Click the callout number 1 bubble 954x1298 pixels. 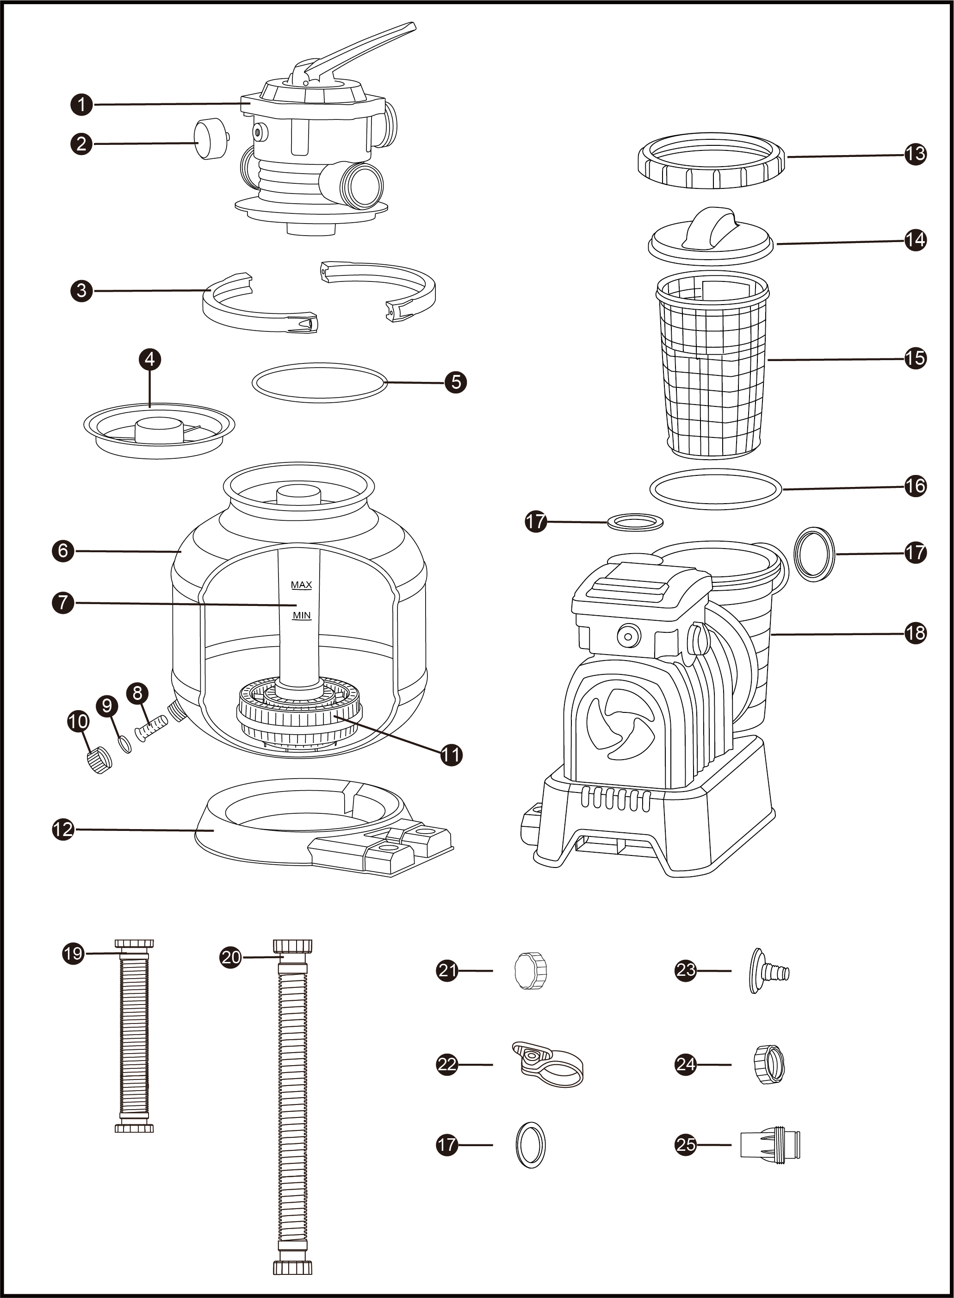point(82,105)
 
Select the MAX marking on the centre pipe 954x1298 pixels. point(301,585)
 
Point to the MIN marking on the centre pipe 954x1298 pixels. point(302,615)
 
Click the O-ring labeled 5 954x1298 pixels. point(319,382)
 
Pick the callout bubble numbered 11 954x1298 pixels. point(451,755)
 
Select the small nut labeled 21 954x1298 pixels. point(530,971)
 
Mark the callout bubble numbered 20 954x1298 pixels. point(231,957)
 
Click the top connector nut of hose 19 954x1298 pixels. point(135,943)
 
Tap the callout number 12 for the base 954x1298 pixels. point(63,830)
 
